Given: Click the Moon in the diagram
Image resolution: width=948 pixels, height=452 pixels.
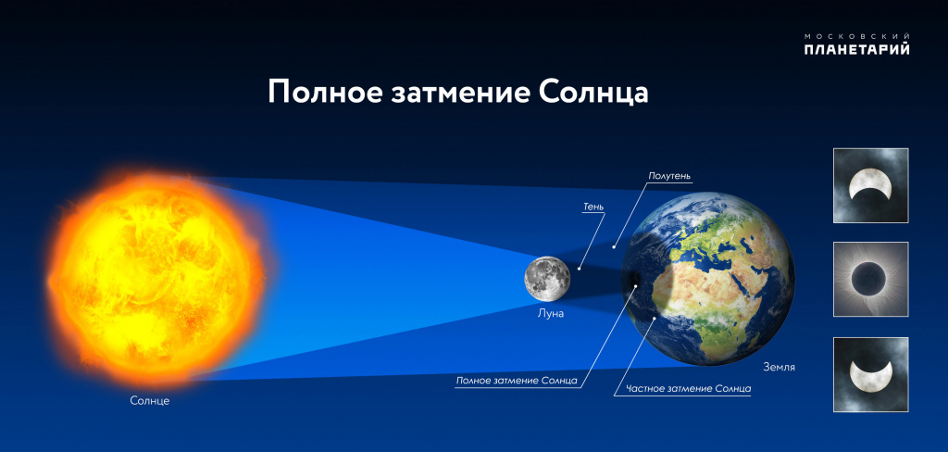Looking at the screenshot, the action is (x=547, y=279).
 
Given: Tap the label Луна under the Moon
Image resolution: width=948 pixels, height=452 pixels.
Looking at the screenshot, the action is (x=551, y=313).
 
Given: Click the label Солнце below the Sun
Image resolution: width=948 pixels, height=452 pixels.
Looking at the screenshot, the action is (x=150, y=400).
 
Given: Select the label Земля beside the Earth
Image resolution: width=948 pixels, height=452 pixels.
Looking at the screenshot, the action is (x=779, y=368).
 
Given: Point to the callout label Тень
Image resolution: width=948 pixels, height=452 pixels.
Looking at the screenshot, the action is (x=593, y=207).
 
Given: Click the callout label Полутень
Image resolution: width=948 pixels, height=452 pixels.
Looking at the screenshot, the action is (x=669, y=175).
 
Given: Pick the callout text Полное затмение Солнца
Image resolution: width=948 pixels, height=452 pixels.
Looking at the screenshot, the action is (x=517, y=382).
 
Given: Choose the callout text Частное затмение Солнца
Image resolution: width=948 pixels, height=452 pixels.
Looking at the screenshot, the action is (x=689, y=388).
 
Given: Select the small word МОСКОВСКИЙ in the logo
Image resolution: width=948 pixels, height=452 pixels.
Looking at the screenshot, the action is (x=856, y=36).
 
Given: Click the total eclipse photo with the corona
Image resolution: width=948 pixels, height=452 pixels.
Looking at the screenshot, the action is (x=870, y=279).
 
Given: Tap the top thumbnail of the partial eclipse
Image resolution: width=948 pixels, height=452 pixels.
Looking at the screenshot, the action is (x=870, y=185).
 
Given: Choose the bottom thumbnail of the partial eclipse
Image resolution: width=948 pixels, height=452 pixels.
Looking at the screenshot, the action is (x=870, y=374).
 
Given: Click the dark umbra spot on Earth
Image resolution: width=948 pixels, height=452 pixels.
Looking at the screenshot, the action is (x=635, y=280).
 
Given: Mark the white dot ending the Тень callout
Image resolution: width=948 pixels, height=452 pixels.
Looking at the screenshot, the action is (x=579, y=269).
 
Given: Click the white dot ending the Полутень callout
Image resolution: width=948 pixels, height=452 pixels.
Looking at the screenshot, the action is (x=614, y=246).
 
